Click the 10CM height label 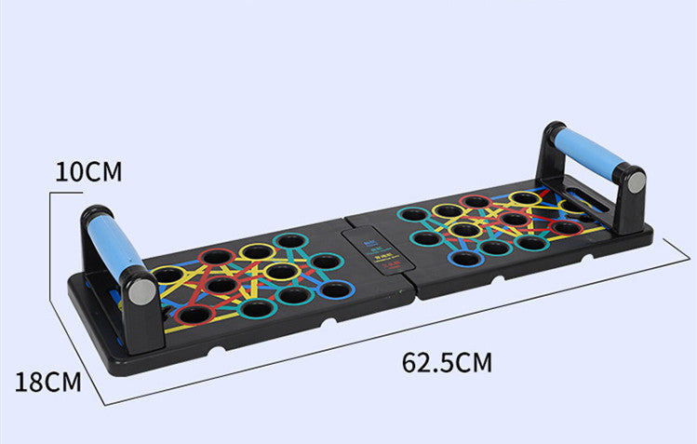[87, 171]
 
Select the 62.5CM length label [447, 362]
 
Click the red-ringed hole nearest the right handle [564, 227]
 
